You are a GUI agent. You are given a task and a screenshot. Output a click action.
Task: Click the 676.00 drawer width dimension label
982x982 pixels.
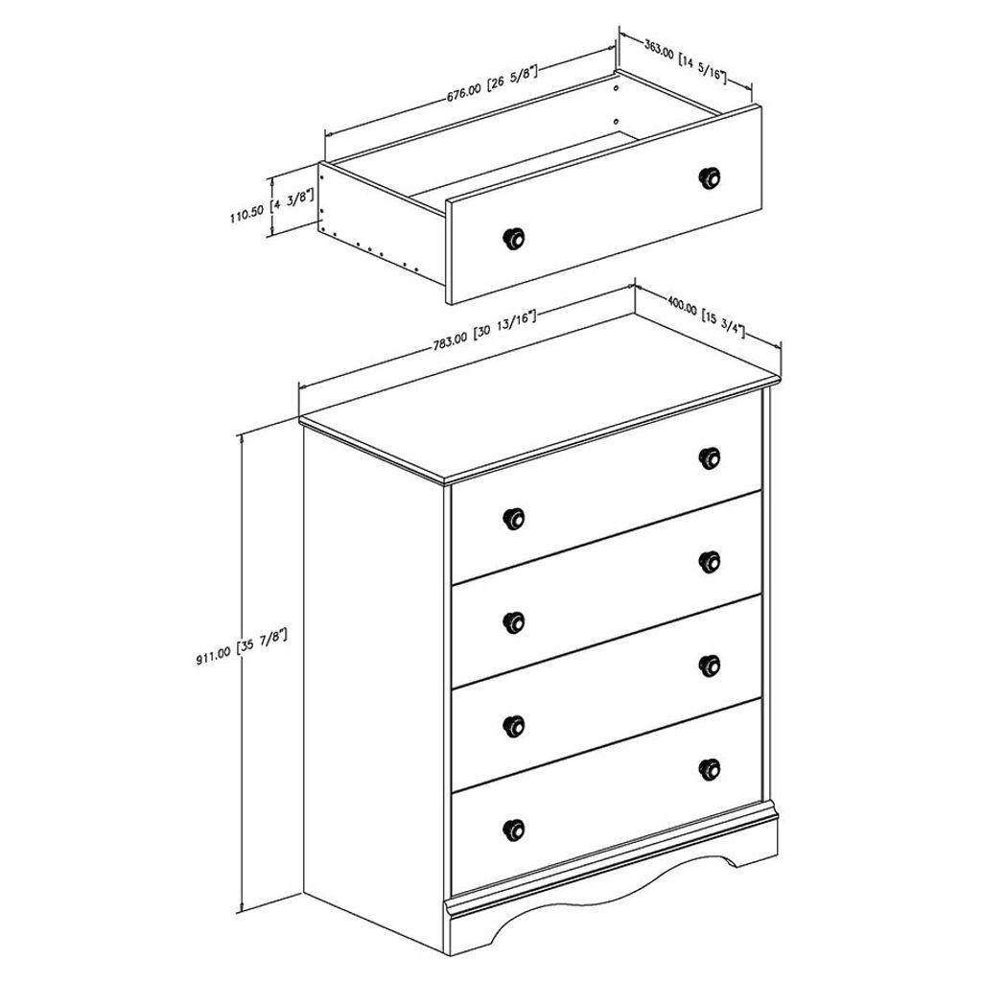(493, 81)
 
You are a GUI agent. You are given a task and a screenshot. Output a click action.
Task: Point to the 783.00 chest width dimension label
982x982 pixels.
(484, 331)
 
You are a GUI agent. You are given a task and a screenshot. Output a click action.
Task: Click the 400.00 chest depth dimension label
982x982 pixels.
(706, 317)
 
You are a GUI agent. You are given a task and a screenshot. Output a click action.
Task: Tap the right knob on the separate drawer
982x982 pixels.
(709, 177)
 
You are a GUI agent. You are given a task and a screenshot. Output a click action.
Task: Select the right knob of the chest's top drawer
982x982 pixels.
(709, 457)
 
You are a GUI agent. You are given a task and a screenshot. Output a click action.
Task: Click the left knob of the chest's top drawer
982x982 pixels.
(514, 518)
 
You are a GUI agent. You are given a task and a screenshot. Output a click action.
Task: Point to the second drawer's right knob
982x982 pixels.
(709, 562)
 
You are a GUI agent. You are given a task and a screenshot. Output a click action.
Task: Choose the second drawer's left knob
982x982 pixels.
(514, 621)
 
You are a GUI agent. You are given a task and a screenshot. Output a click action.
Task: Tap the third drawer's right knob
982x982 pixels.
(709, 666)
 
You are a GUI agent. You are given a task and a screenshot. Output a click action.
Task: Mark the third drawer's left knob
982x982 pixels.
(514, 725)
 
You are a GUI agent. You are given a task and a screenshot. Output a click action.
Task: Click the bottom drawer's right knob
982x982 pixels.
(709, 768)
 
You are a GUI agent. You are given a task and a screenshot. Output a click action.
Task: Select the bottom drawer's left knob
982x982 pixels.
(514, 830)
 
